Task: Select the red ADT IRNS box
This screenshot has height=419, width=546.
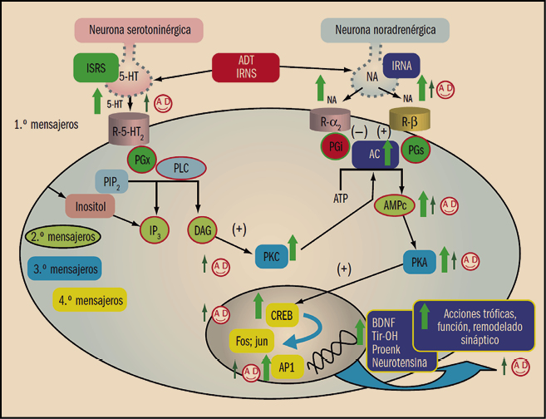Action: [x=247, y=67]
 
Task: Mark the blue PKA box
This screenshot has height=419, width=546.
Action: [x=419, y=264]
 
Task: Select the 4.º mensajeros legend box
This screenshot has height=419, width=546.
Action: [x=92, y=299]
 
